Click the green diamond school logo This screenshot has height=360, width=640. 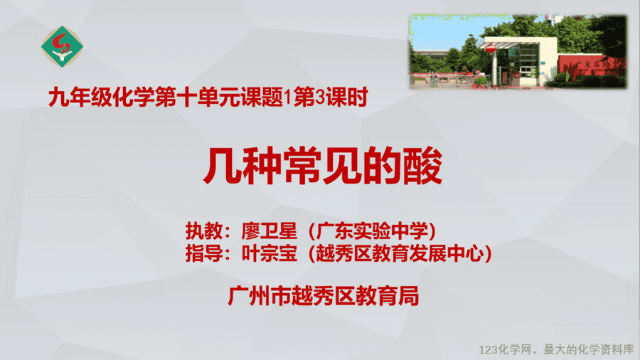coord(62,46)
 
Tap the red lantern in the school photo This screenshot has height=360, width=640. coord(491,49)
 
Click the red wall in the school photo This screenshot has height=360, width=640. coord(591,65)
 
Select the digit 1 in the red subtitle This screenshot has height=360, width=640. coord(288,97)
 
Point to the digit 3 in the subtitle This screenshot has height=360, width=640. coord(321,97)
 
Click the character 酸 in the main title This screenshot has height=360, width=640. coord(423,166)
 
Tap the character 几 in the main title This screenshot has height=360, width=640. coord(223,166)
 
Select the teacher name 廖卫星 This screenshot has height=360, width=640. coord(270,231)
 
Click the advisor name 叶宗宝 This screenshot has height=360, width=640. coord(270,253)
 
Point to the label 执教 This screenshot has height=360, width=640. coord(204,231)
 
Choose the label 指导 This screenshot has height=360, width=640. coord(204,253)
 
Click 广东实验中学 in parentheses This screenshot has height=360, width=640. coord(372,231)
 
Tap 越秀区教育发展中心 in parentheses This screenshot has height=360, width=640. coord(400,253)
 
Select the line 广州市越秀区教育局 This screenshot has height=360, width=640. coord(324,296)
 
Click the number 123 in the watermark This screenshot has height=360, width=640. coord(489,350)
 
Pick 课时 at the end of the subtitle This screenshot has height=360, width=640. coord(347,97)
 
